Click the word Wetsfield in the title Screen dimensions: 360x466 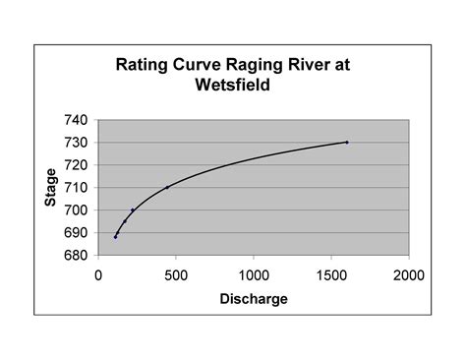[232, 85]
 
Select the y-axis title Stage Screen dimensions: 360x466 [51, 187]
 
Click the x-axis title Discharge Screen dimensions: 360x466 [254, 298]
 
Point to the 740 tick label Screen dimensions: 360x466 [77, 120]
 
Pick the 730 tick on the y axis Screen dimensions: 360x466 [77, 143]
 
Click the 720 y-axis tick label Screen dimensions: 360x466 [77, 165]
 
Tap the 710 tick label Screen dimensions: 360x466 [77, 188]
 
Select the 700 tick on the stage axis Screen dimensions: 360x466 [77, 210]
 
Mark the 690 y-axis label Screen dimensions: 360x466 [77, 233]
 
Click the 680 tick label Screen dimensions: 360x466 [77, 256]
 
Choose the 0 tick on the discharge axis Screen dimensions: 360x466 [98, 274]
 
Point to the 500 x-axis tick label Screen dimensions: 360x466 [176, 274]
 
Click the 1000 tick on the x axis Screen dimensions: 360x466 [254, 274]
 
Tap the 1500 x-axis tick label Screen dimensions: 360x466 [331, 274]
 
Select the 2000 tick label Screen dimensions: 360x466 [409, 274]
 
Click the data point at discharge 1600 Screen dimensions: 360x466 [347, 143]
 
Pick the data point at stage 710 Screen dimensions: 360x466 [167, 188]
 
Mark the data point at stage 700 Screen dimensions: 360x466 [133, 210]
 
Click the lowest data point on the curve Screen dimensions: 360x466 [115, 237]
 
